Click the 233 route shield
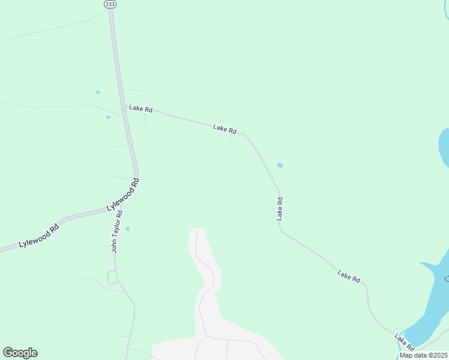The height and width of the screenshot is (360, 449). [110, 4]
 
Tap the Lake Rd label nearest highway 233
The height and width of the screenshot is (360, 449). [141, 109]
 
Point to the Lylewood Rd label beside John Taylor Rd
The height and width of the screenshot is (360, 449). [123, 194]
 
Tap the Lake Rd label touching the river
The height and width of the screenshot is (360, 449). [404, 343]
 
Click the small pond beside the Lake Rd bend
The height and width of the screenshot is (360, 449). [280, 165]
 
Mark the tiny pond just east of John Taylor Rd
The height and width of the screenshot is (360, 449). [127, 229]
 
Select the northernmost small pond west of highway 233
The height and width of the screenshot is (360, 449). [97, 92]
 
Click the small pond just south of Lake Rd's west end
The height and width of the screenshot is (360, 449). [109, 117]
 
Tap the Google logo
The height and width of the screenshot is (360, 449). [20, 353]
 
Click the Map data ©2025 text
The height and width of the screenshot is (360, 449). [423, 355]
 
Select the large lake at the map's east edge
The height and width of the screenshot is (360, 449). [444, 147]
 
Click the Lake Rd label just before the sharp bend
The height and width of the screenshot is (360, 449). [225, 129]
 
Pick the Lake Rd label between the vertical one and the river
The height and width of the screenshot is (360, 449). [349, 277]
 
